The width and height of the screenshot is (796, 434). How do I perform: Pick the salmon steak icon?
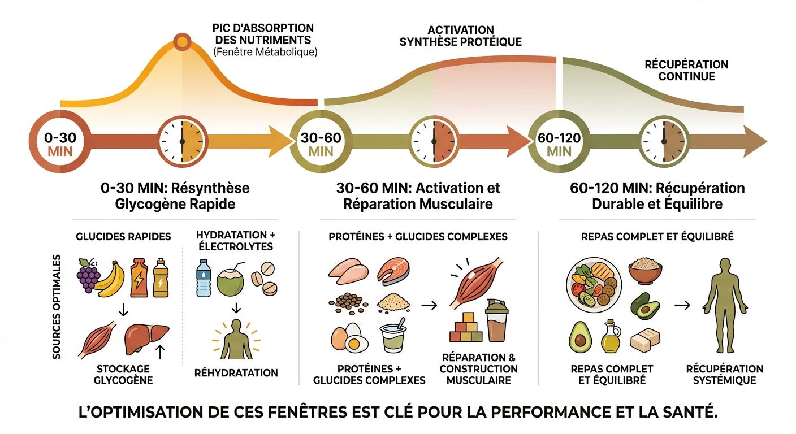click(393, 271)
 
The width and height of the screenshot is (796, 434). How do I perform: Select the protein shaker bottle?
click(496, 321)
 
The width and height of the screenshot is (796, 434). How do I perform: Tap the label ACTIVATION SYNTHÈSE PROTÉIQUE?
click(460, 36)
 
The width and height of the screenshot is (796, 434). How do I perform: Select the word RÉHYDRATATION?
click(236, 372)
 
